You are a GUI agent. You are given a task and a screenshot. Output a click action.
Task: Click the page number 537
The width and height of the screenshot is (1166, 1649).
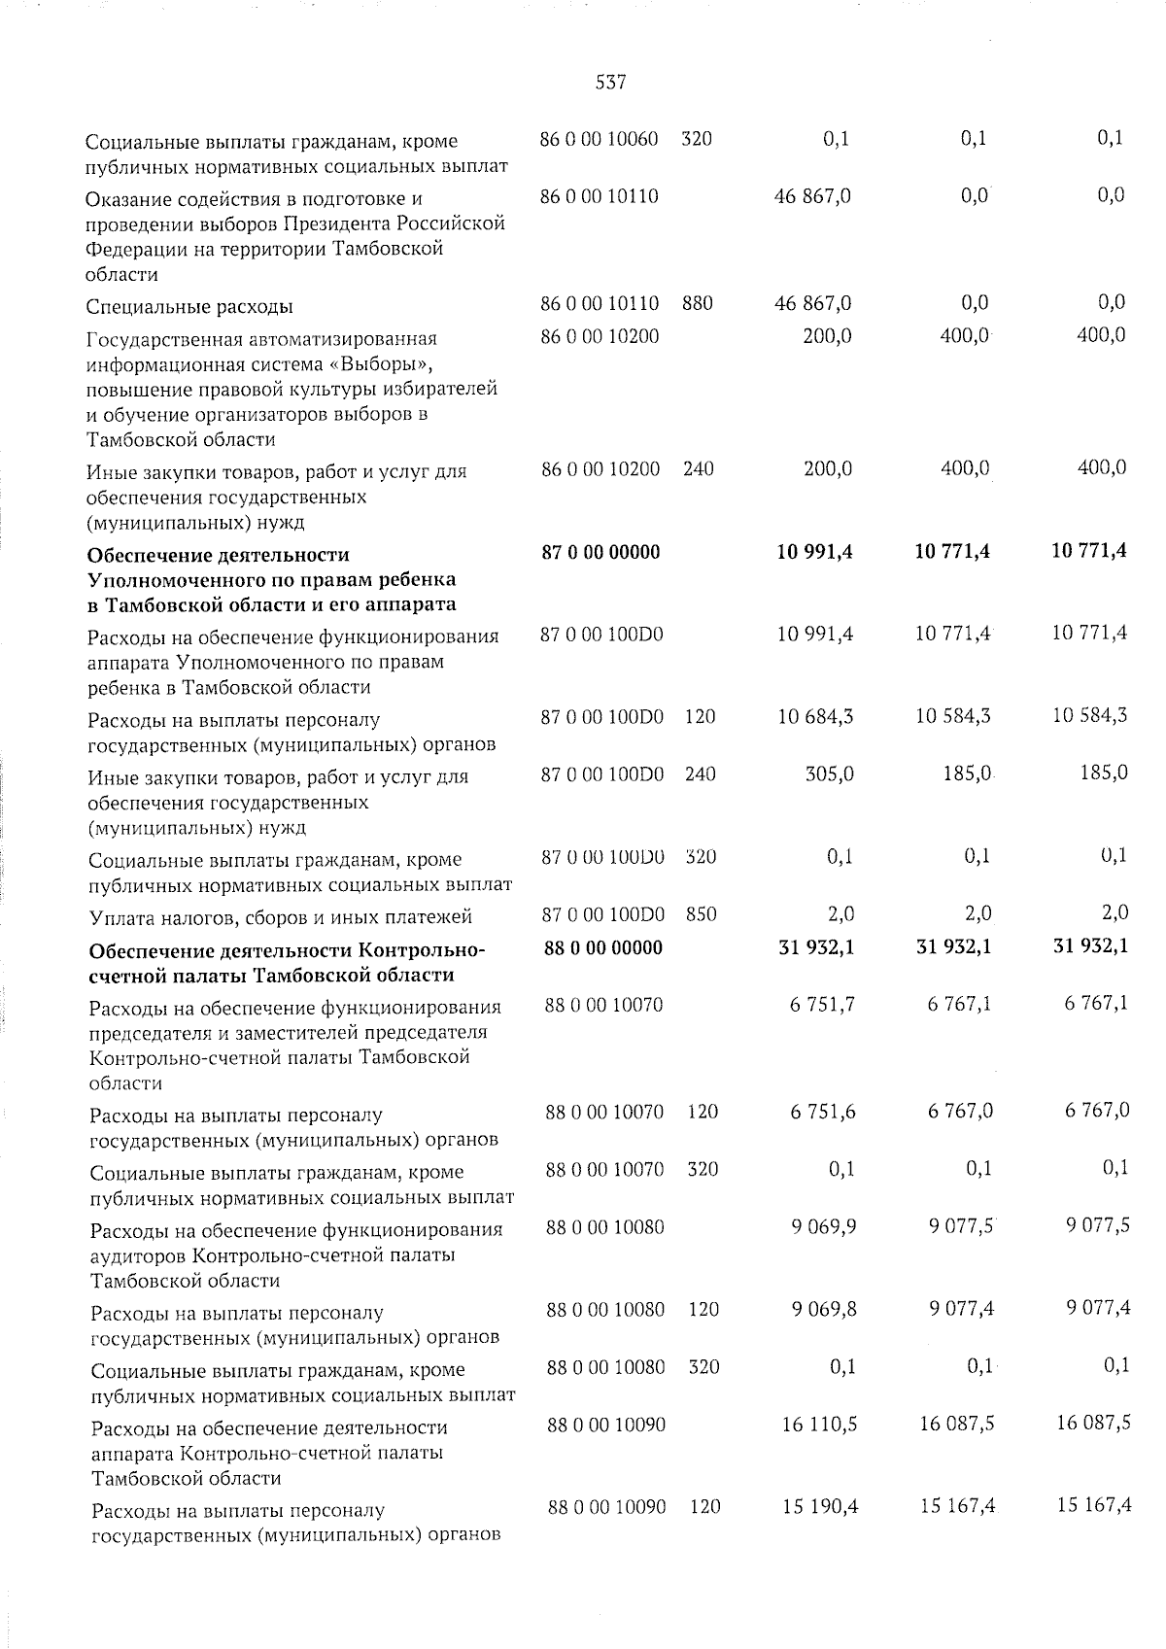pyautogui.click(x=610, y=84)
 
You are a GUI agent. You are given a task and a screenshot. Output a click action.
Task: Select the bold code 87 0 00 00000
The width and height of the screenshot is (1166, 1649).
pyautogui.click(x=600, y=552)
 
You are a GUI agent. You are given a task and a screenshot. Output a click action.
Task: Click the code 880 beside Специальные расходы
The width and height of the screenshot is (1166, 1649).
pyautogui.click(x=698, y=303)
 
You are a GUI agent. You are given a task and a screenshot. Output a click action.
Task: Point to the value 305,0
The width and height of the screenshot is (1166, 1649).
pyautogui.click(x=829, y=774)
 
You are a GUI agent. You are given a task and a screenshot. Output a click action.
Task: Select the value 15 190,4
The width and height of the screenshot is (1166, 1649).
pyautogui.click(x=818, y=1507)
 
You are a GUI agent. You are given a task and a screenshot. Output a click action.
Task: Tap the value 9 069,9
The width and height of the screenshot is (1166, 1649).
pyautogui.click(x=823, y=1226)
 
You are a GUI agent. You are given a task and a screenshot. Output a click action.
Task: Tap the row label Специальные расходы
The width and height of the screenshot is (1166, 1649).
pyautogui.click(x=190, y=307)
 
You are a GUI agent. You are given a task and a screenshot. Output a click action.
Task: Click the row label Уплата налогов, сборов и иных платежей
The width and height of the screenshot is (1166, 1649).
pyautogui.click(x=280, y=917)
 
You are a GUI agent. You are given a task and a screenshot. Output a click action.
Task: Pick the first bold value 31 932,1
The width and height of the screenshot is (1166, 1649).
pyautogui.click(x=816, y=947)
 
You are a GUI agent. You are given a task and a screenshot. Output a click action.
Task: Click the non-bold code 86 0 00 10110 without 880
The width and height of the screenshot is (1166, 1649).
pyautogui.click(x=599, y=196)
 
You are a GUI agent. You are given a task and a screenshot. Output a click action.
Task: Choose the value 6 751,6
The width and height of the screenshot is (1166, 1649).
pyautogui.click(x=823, y=1111)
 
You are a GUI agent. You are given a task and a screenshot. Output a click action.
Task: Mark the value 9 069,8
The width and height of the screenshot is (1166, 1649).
pyautogui.click(x=823, y=1309)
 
